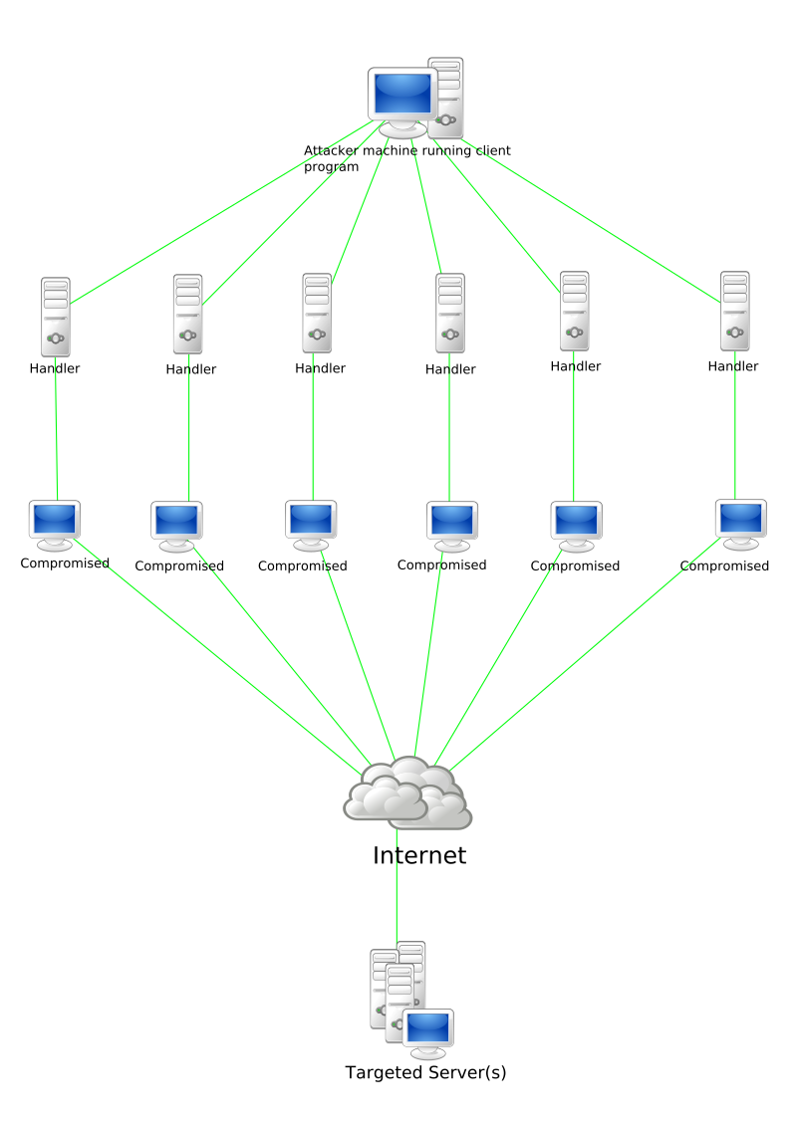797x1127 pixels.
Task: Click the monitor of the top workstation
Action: [x=402, y=98]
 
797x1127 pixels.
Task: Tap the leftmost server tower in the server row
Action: [x=56, y=318]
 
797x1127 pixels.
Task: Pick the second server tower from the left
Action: [x=187, y=314]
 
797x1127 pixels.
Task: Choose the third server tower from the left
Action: [x=317, y=313]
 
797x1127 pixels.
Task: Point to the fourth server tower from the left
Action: [x=450, y=313]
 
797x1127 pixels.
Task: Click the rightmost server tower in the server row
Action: [x=735, y=311]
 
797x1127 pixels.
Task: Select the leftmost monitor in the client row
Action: [x=54, y=523]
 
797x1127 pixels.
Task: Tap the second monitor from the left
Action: [x=176, y=524]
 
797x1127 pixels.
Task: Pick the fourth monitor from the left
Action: [x=452, y=524]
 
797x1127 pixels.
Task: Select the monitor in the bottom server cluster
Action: [x=428, y=1031]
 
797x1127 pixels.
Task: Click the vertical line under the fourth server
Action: [x=449, y=428]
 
